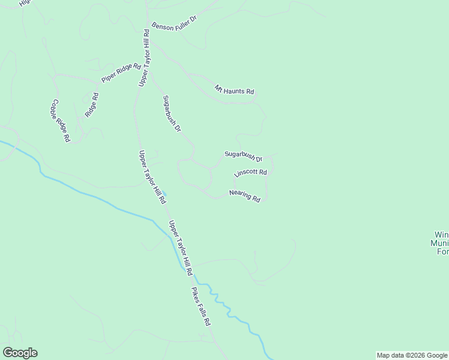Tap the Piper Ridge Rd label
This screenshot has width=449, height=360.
point(121,72)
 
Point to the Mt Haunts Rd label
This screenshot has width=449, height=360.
point(235,90)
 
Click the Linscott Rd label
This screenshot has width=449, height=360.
point(250,173)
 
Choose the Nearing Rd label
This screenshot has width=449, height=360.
point(244,196)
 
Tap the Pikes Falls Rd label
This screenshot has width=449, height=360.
point(201,307)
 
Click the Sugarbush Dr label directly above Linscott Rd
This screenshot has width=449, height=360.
point(244,156)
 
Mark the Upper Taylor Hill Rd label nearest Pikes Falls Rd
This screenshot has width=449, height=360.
point(180,248)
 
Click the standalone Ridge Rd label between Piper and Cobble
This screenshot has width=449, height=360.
point(91,104)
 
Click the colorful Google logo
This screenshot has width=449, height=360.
point(19,353)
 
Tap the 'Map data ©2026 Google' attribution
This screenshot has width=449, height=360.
point(412,355)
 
